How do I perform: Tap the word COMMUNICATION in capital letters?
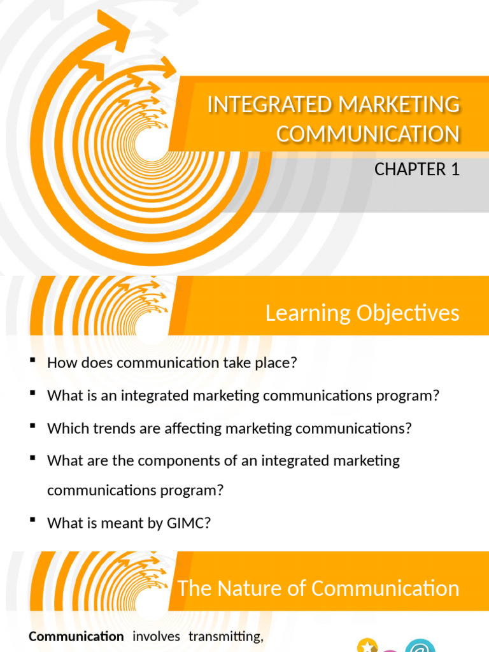(x=367, y=134)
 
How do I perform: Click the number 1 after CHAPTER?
(x=455, y=169)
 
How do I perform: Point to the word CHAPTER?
(x=410, y=169)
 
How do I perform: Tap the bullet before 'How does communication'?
(x=32, y=362)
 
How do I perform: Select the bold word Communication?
(x=76, y=636)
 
